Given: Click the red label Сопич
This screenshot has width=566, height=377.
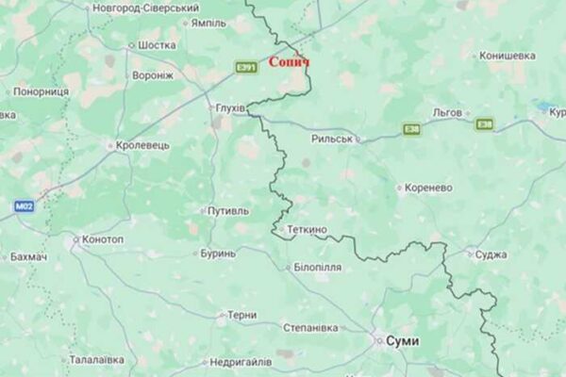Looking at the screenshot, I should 289,62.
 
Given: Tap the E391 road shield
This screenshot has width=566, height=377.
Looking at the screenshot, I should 247,67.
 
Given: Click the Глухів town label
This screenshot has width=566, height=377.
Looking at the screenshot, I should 228,107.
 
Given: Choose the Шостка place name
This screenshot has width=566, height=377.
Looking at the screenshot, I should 157,44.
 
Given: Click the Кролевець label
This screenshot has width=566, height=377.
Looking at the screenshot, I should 142,145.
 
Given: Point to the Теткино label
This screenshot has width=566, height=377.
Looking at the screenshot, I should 306,229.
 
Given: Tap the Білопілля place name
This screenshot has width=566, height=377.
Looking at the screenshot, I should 318,268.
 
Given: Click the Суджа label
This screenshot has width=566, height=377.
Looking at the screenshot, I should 492,254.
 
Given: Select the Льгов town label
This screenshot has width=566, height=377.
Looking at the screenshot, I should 447,112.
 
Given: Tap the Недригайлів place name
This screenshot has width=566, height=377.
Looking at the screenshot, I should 240,361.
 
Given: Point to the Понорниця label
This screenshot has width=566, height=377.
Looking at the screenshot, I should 41,91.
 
